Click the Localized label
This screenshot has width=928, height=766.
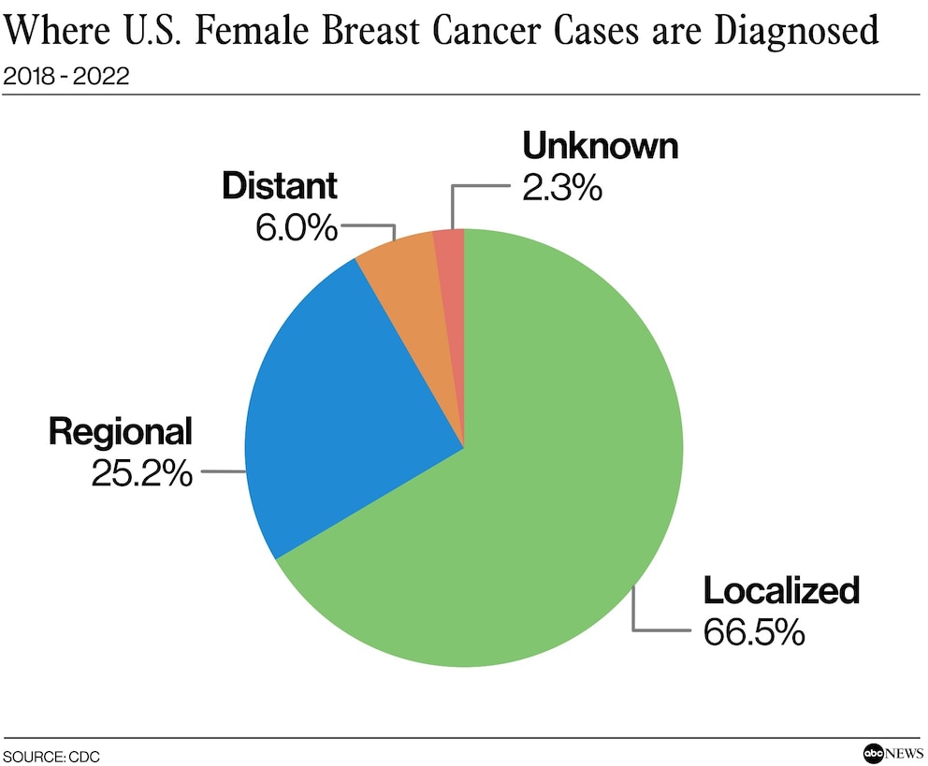[780, 591]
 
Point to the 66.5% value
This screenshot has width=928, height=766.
[754, 631]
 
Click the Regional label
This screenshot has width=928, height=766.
[121, 432]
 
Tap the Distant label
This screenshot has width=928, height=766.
[279, 186]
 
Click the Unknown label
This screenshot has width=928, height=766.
[600, 147]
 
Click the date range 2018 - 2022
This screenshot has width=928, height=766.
[65, 77]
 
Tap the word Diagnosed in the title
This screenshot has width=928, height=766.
[797, 32]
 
